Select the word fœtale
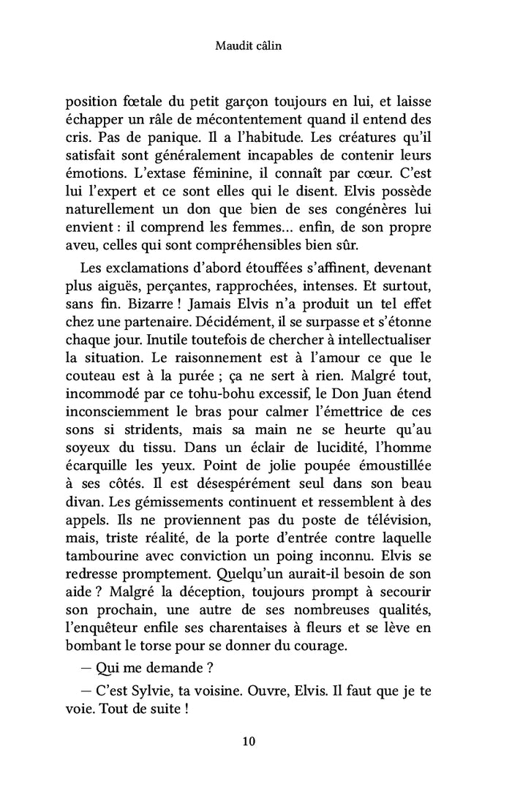click(136, 102)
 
